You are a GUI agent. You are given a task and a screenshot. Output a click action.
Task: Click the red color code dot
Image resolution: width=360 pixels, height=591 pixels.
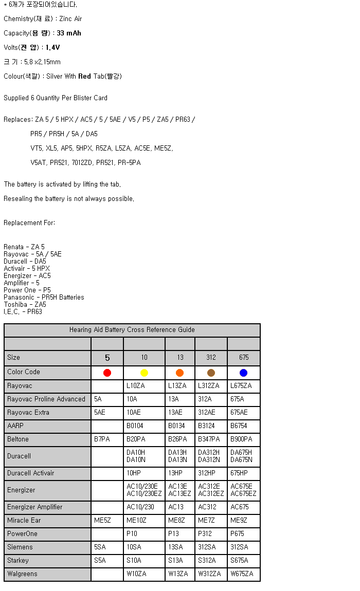[x=107, y=373]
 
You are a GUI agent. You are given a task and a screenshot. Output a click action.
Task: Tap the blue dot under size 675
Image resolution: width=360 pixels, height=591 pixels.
[x=243, y=373]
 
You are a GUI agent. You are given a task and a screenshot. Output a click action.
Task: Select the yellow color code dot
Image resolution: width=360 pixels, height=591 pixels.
[x=144, y=373]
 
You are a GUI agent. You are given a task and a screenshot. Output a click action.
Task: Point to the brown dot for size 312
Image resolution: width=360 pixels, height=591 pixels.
[x=211, y=373]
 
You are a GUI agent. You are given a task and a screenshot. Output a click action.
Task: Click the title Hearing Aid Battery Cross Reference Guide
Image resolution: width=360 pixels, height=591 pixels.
[x=132, y=330]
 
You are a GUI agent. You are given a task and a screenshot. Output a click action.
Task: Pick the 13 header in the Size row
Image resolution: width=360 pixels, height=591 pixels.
[x=179, y=358]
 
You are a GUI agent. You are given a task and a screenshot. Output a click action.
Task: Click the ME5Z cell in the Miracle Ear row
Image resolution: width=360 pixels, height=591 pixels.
[x=102, y=521]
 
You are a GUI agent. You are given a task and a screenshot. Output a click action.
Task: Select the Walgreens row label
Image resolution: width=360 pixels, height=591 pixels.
[x=22, y=574]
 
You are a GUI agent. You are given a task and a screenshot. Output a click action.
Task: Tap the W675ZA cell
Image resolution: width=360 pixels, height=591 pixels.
[x=242, y=574]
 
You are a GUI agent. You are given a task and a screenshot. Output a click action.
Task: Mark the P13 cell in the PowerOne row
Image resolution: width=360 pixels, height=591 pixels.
[x=175, y=534]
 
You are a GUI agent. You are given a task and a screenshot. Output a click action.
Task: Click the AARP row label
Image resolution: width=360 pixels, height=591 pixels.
[x=15, y=426]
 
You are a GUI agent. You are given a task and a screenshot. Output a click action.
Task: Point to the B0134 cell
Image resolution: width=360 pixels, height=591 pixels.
[x=177, y=426]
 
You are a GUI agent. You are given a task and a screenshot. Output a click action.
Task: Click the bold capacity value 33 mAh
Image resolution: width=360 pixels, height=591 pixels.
[x=69, y=33]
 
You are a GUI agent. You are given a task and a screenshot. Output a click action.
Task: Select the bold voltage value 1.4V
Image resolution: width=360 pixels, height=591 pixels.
[x=52, y=48]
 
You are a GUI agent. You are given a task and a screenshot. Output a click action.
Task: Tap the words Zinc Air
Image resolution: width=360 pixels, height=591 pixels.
[x=70, y=19]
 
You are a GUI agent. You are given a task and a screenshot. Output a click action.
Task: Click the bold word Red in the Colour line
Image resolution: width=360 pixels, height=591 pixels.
[x=84, y=77]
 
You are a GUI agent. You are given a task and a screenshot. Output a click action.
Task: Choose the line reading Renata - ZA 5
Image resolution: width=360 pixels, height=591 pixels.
[x=24, y=247]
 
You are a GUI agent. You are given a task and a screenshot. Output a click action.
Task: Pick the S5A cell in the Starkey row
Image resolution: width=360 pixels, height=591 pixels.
[x=101, y=561]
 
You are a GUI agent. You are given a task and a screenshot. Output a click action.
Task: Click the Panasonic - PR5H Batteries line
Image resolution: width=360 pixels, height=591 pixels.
[x=44, y=298]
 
